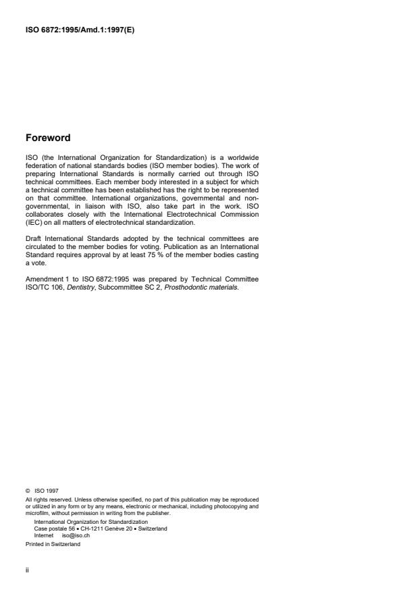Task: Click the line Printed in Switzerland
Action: coord(53,544)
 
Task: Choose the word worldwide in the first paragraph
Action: coord(239,157)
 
